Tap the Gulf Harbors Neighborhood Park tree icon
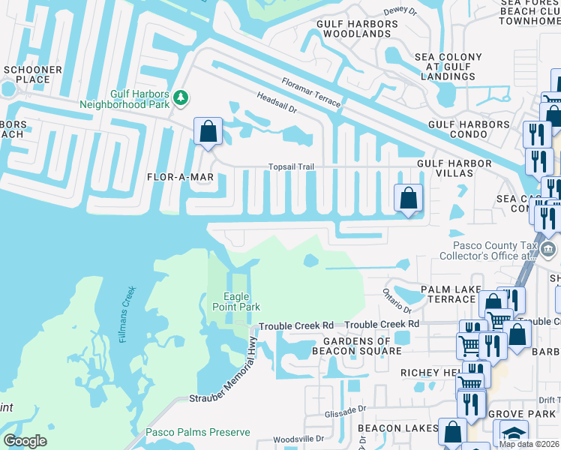coord(181,98)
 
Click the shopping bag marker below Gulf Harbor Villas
coord(408,199)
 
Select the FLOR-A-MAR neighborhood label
coord(181,177)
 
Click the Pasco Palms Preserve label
coord(197,433)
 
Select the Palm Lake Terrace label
coord(448,294)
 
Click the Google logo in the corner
coord(25,441)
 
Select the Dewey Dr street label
coord(399,10)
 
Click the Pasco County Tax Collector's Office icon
coord(549,250)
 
